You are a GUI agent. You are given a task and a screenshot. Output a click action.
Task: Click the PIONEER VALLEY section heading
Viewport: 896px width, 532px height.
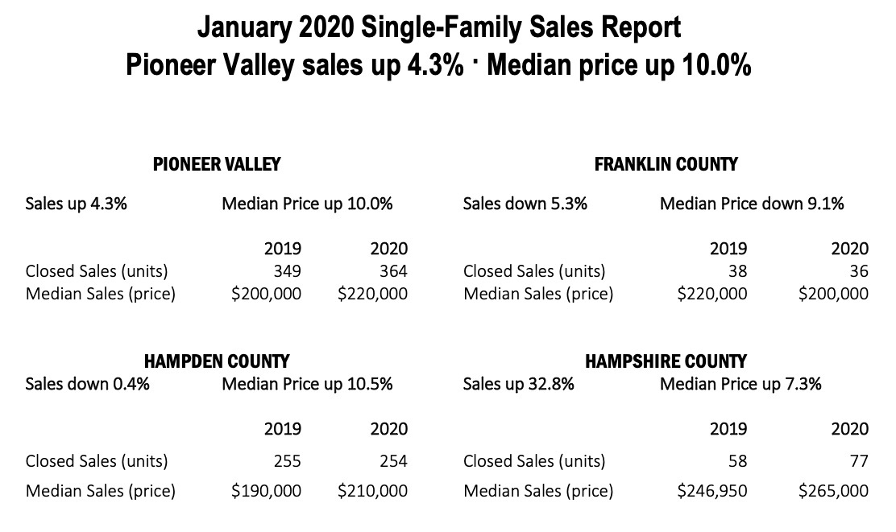217,164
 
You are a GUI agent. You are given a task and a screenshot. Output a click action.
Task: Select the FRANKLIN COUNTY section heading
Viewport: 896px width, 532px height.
666,164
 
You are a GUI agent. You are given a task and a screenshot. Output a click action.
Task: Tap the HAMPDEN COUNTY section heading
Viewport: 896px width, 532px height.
217,361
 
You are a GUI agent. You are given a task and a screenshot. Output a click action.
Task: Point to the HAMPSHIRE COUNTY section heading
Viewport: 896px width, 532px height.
666,361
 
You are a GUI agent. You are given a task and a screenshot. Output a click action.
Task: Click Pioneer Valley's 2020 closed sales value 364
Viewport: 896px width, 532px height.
389,271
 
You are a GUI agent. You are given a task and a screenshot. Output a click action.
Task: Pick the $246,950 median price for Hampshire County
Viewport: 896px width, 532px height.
711,490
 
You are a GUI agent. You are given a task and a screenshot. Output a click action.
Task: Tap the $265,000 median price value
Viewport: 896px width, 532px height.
833,490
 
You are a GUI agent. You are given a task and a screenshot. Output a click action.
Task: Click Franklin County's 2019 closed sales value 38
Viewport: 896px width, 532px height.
736,271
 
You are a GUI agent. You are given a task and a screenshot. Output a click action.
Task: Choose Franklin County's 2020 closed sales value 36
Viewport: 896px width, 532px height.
859,271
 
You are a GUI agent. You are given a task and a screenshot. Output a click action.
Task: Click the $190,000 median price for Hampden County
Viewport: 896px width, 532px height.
266,490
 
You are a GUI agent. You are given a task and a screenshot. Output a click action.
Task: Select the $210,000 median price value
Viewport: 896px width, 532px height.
372,490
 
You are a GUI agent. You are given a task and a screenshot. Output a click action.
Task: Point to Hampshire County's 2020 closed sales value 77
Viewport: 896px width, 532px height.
859,461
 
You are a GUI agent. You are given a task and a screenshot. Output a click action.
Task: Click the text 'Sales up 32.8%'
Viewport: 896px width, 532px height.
518,384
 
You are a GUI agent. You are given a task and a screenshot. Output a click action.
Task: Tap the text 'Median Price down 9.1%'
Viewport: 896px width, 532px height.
752,204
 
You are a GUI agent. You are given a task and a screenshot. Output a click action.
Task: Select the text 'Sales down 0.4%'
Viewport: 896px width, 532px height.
87,384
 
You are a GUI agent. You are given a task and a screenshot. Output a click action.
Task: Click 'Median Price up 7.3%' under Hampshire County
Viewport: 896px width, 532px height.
740,384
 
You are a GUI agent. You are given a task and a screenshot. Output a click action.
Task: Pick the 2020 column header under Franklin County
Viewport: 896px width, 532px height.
850,249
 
